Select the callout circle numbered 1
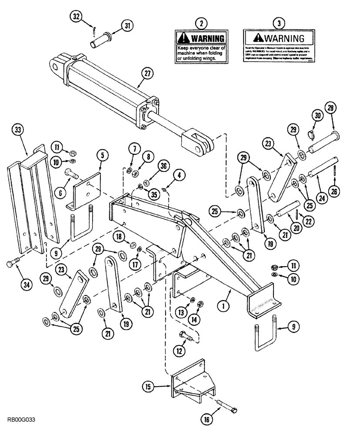point(223,306)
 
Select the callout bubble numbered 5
point(101,154)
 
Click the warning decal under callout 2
point(200,47)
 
